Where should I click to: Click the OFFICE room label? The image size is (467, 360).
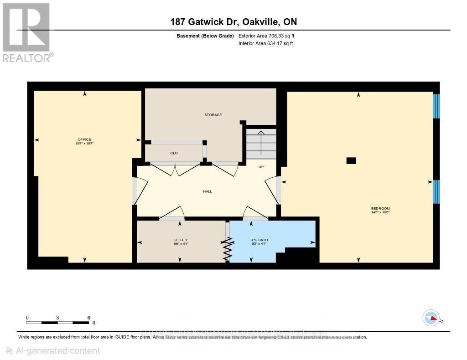coord(84,139)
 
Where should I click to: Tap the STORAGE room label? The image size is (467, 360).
coord(213,115)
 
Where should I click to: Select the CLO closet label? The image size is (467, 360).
coord(174,153)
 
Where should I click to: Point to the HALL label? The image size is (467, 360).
coord(208,191)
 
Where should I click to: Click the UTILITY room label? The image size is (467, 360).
coord(181,240)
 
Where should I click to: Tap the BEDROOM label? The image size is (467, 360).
coord(380,209)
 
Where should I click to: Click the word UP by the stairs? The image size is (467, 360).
coord(261,167)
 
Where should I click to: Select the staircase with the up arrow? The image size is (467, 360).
coord(261,143)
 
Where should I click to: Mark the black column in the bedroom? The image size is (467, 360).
coord(351,160)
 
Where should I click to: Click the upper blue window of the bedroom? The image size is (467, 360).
coord(436,106)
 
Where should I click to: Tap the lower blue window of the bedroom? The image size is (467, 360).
coord(436,191)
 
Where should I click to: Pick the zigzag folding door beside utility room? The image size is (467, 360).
coord(227,248)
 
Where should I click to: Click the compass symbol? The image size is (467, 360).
coord(431,318)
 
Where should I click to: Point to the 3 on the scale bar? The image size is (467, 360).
coord(57,317)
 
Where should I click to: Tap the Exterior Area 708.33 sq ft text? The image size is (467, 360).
coord(270,36)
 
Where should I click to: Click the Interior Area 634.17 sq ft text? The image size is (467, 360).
coord(265,44)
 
